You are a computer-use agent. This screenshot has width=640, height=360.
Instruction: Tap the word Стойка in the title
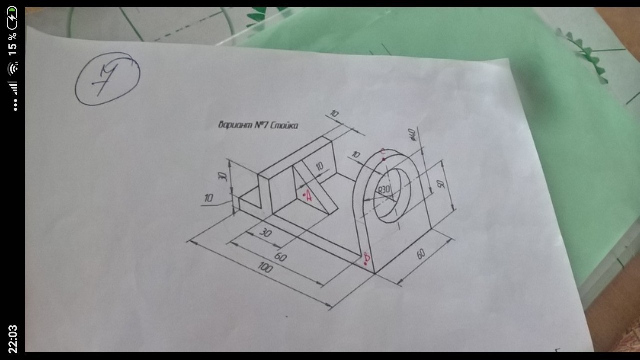point(284,125)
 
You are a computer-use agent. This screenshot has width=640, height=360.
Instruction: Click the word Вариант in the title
point(236,125)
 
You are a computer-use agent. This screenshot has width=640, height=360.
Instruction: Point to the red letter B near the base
point(367,258)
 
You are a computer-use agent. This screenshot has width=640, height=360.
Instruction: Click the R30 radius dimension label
point(384,190)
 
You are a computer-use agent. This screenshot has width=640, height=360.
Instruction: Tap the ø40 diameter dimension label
point(413,135)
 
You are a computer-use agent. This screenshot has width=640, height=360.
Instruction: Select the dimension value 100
point(265,268)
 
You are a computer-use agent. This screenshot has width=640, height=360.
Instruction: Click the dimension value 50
point(441,184)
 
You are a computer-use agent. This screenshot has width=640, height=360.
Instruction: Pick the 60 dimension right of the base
point(421,254)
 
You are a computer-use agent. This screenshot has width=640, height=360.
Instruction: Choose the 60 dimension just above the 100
point(280,257)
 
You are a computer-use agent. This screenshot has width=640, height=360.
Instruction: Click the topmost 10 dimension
point(334,114)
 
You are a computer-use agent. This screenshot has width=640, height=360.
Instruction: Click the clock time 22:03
point(12,338)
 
